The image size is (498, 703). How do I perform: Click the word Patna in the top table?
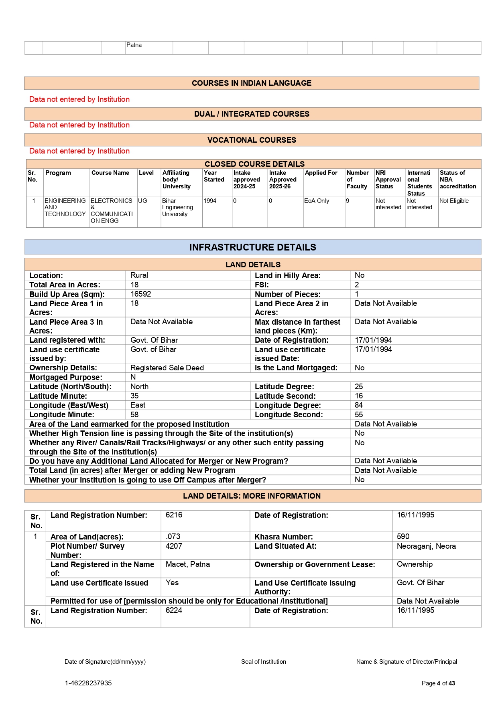134,45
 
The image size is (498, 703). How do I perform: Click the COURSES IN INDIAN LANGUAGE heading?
251,83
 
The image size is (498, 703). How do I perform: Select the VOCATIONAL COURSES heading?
252,140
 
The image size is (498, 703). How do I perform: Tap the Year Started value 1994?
210,201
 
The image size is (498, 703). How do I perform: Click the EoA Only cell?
317,201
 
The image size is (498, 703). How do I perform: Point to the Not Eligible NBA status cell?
454,201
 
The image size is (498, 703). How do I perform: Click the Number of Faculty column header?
357,180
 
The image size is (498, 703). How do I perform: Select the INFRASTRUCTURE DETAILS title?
252,247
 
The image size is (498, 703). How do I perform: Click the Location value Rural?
139,275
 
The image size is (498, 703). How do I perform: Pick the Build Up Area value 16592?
141,294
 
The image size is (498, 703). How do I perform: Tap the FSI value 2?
357,285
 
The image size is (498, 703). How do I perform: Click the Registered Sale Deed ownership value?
167,368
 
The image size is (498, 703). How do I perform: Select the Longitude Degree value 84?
359,405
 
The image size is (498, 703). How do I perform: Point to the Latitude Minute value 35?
134,396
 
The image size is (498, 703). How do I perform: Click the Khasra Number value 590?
403,536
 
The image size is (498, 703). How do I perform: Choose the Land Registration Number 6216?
174,515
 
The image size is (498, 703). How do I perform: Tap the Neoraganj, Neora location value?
426,546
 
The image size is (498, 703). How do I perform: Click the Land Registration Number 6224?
174,610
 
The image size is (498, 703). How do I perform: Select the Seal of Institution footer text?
263,662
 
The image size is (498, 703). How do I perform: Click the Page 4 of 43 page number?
438,683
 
